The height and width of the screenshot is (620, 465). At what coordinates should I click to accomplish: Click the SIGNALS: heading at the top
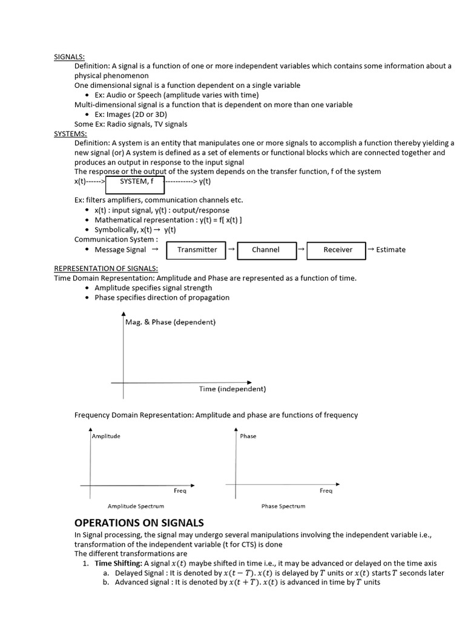click(x=69, y=56)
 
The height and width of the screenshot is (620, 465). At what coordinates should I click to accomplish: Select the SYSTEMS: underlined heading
click(x=70, y=133)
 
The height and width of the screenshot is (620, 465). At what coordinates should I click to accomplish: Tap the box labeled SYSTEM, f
click(x=134, y=181)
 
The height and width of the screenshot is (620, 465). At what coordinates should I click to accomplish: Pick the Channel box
click(x=266, y=249)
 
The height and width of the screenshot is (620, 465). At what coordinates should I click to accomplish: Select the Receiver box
click(x=337, y=249)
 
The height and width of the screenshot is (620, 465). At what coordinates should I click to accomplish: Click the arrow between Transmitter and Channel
click(x=231, y=248)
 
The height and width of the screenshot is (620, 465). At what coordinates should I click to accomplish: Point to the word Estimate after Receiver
click(x=391, y=249)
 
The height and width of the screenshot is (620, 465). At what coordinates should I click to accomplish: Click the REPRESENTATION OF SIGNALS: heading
click(x=106, y=268)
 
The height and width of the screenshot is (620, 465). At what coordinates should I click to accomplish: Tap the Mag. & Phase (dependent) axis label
click(x=170, y=322)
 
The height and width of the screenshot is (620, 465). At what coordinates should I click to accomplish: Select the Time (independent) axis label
click(x=232, y=389)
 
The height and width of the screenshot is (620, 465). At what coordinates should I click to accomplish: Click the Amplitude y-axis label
click(x=106, y=436)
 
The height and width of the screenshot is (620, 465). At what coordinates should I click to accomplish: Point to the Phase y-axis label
click(x=248, y=436)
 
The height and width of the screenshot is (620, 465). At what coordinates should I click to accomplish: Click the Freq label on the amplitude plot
click(x=180, y=490)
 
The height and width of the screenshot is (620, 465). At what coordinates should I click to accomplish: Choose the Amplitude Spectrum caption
click(x=136, y=506)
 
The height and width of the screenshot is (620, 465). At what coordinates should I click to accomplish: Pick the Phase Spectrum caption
click(x=283, y=506)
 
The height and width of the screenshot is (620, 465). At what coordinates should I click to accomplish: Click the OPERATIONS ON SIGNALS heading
click(x=139, y=523)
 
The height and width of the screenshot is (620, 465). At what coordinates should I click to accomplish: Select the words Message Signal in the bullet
click(x=120, y=249)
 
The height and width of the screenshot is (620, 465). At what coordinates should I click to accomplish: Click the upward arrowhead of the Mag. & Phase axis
click(x=124, y=315)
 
